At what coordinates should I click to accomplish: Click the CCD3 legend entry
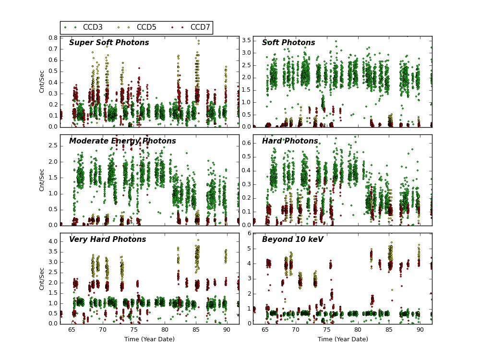click(93, 27)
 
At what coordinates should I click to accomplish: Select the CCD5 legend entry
click(146, 27)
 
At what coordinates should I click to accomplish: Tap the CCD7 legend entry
click(200, 27)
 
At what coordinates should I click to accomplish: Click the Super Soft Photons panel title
click(109, 43)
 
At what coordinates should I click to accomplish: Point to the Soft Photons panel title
click(288, 43)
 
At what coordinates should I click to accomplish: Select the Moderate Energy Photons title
click(122, 141)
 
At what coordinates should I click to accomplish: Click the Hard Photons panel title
click(290, 141)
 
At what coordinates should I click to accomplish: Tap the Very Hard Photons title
click(108, 240)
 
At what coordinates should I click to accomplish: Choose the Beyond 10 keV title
click(293, 240)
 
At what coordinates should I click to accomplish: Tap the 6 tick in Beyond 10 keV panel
click(248, 233)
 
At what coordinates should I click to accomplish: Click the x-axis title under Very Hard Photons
click(149, 339)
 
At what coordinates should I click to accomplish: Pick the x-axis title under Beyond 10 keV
click(343, 339)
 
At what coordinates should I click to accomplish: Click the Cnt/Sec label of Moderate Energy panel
click(42, 180)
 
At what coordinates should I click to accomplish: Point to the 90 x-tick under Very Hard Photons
click(227, 330)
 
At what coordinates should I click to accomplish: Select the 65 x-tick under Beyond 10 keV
click(265, 330)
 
